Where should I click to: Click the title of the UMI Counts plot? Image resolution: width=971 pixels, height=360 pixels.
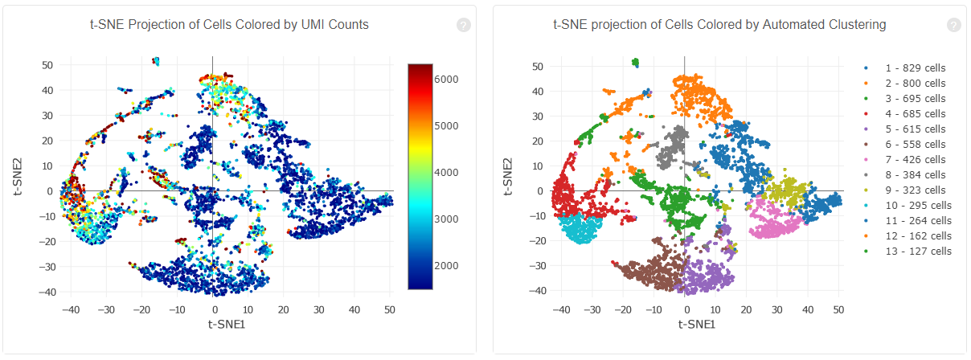point(229,25)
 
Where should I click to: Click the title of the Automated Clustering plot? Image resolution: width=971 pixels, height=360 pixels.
point(719,25)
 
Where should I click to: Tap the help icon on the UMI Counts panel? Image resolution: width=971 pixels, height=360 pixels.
point(463,25)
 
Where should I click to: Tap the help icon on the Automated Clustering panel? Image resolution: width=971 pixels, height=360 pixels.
point(953,25)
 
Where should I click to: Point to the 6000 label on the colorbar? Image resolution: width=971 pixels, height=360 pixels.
point(448,79)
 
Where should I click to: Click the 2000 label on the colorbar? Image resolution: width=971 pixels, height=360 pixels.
point(448,266)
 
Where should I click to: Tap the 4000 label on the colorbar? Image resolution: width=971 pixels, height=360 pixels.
point(448,173)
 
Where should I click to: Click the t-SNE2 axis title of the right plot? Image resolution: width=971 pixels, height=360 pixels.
point(506,177)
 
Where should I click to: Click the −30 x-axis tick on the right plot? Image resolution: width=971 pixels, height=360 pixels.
point(590,309)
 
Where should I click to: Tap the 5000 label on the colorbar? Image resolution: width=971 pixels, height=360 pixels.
point(448,126)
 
